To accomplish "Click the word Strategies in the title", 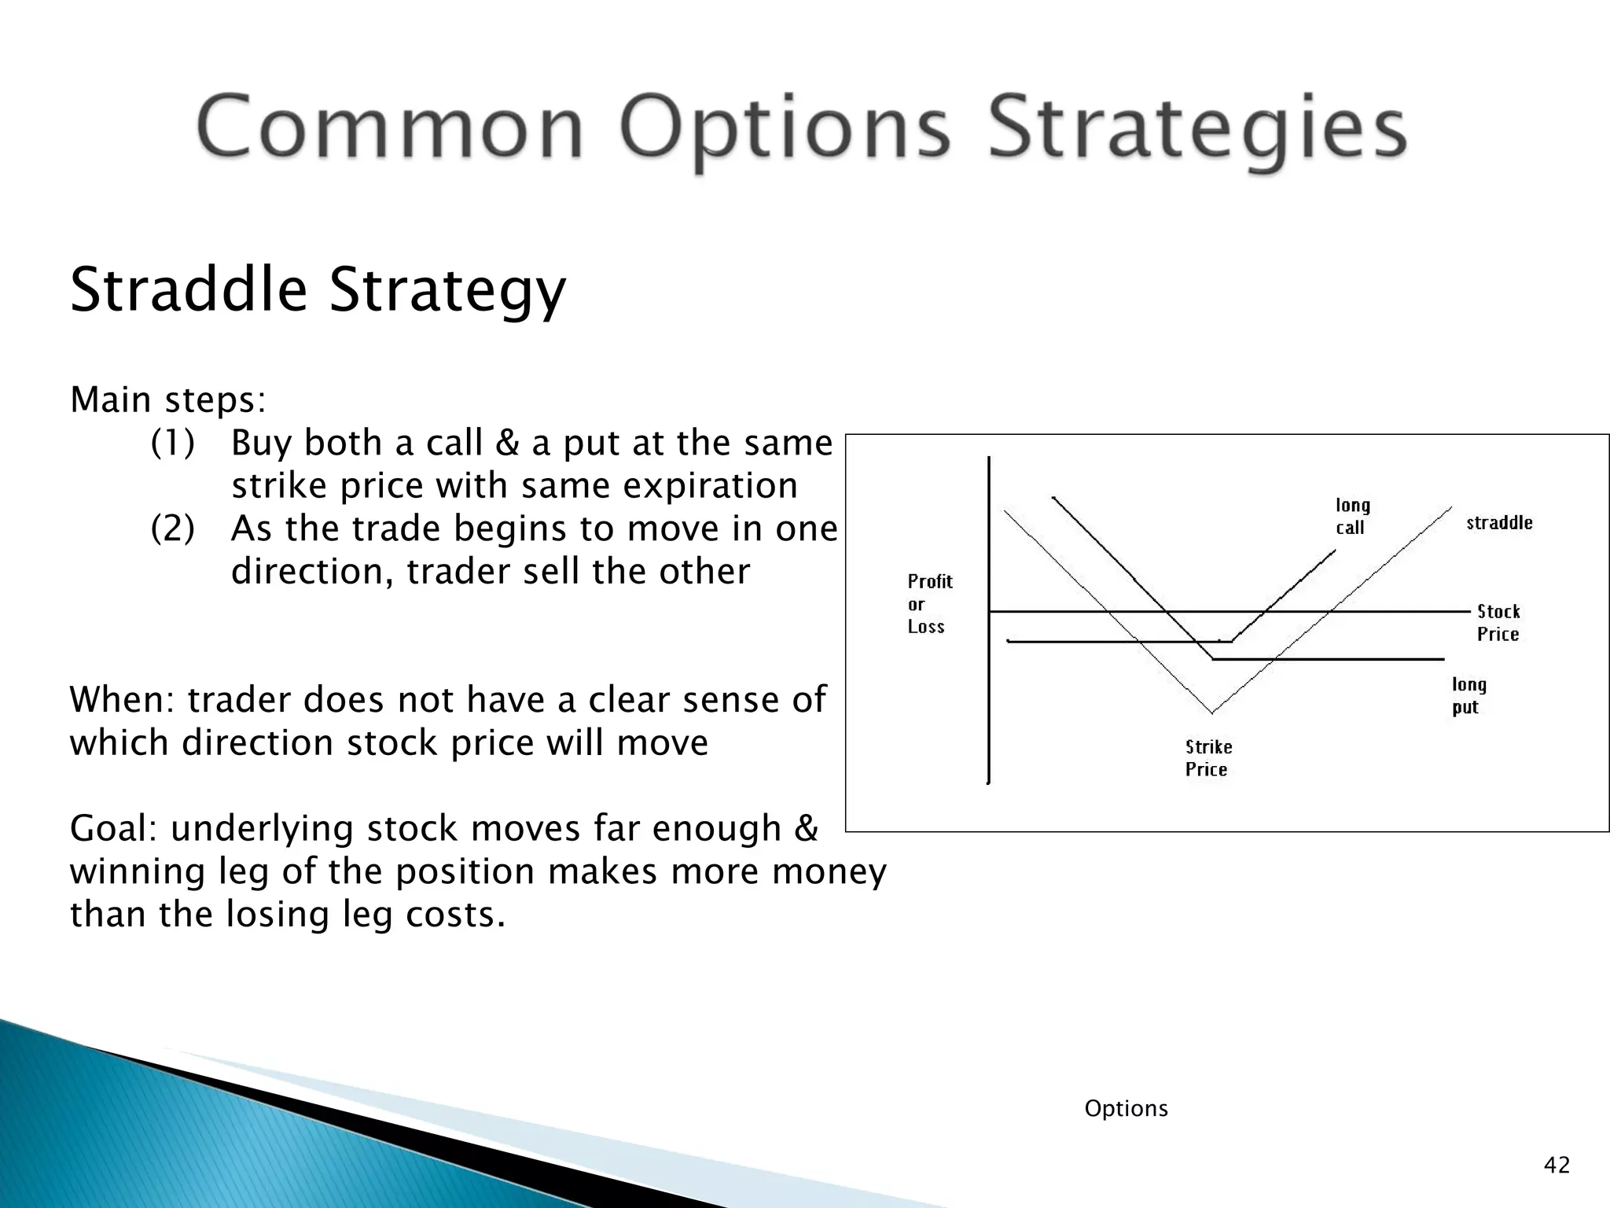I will click(1196, 128).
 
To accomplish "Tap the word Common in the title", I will click(389, 128).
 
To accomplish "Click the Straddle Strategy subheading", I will click(318, 289).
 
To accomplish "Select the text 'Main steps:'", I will click(168, 400).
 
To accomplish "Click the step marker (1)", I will click(172, 443).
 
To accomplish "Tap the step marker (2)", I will click(172, 528).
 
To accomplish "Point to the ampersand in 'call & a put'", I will click(508, 444).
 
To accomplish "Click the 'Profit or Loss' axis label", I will click(929, 604).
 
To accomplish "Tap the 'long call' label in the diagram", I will click(1352, 516).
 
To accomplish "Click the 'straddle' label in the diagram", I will click(1499, 523).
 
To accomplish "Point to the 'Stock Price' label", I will click(1498, 622).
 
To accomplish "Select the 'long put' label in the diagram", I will click(1468, 695).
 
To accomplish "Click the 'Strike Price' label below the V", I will click(1208, 758).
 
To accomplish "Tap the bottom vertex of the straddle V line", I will click(1212, 712).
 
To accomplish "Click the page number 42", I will click(1557, 1165).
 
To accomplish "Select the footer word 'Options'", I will click(1126, 1108).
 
